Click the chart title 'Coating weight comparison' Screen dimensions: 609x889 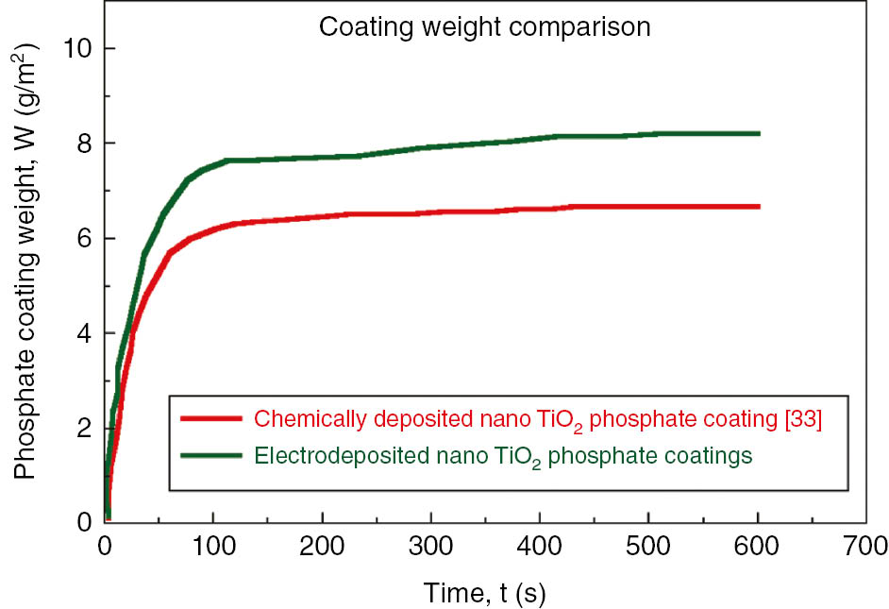[484, 27]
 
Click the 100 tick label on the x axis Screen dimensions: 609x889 [213, 546]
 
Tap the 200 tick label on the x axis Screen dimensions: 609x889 [323, 546]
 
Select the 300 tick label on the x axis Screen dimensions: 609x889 [431, 546]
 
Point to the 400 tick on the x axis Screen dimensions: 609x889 [540, 546]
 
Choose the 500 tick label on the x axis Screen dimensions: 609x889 [648, 546]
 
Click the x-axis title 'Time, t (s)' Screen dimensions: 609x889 [484, 592]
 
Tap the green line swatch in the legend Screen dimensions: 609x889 [211, 456]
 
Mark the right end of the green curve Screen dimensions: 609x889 [758, 134]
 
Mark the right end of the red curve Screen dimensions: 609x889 [758, 206]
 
